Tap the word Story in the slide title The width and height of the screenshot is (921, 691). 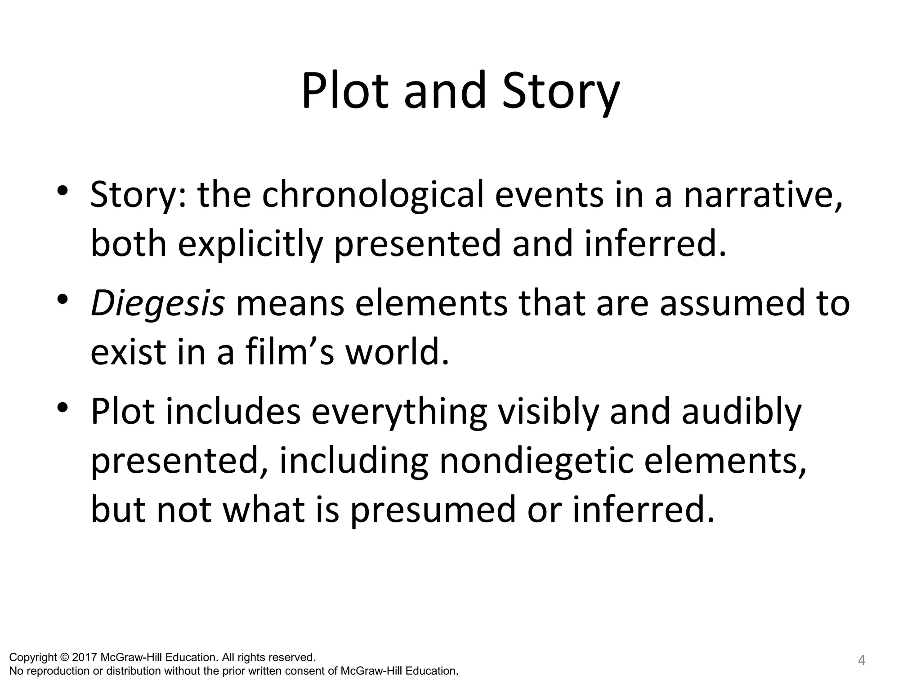click(x=561, y=92)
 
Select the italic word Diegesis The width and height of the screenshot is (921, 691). click(x=157, y=303)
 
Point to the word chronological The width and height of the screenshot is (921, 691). click(x=373, y=195)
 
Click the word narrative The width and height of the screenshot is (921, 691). click(x=763, y=195)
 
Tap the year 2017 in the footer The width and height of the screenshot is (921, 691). click(x=85, y=657)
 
